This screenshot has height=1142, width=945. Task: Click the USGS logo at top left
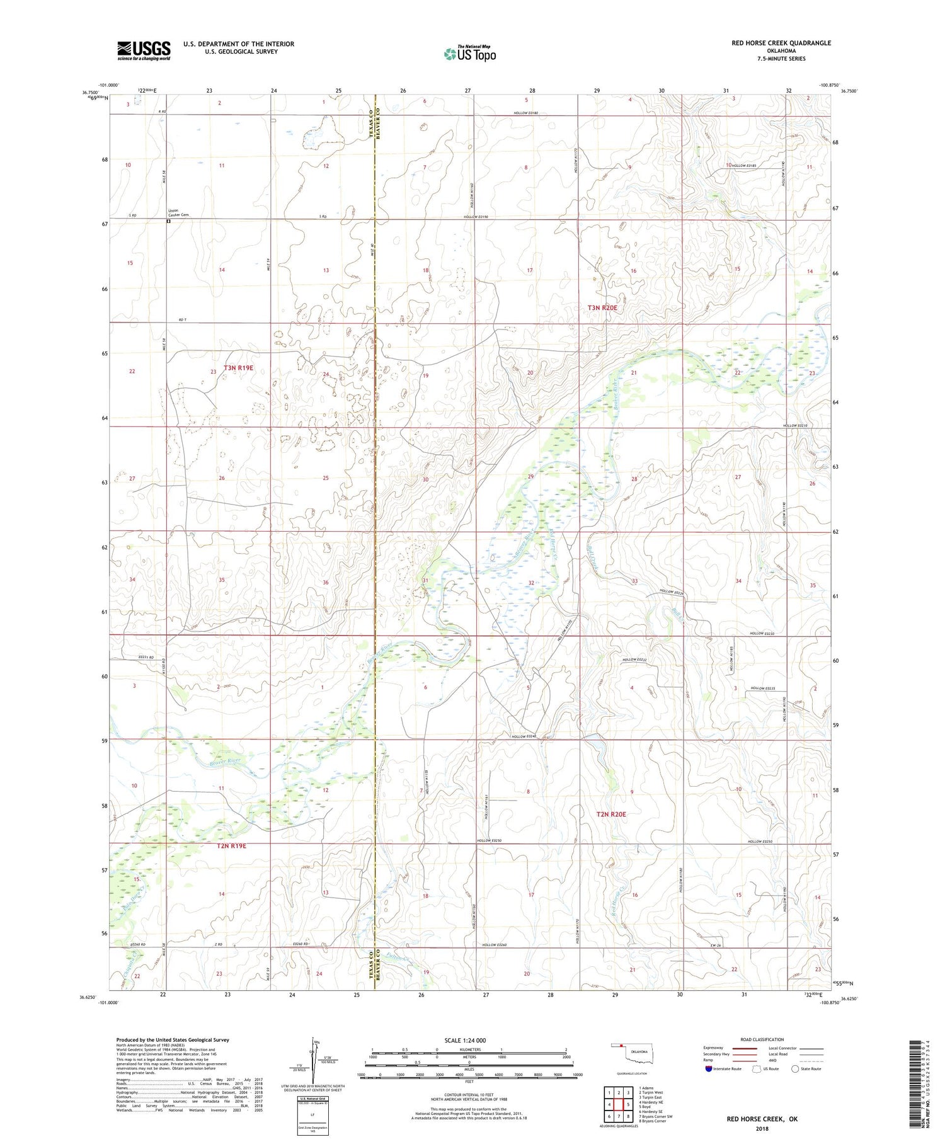click(144, 50)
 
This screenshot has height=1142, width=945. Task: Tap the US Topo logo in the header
click(469, 54)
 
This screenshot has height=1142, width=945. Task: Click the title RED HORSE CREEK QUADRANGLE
click(781, 43)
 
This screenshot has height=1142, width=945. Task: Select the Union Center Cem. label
click(178, 213)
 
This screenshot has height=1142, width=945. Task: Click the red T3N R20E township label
click(602, 307)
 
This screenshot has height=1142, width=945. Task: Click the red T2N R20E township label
click(611, 814)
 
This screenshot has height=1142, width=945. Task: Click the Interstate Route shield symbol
click(709, 1069)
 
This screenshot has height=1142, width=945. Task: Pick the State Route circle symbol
click(796, 1069)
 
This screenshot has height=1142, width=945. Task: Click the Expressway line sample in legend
click(745, 1048)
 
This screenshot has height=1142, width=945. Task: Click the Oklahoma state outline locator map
click(632, 1052)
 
